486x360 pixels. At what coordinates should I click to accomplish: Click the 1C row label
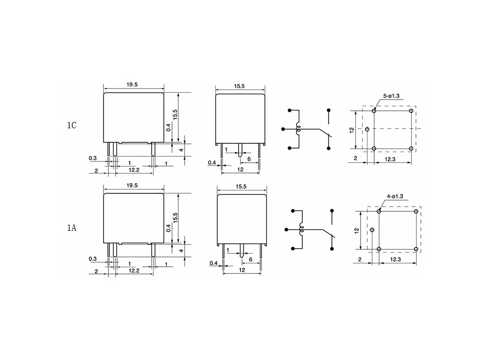[71, 125]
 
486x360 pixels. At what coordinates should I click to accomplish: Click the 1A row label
[71, 228]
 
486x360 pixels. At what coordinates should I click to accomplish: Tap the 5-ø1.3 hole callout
[391, 96]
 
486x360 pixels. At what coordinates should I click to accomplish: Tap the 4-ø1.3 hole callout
[395, 196]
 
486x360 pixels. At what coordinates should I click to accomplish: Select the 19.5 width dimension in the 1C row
[132, 85]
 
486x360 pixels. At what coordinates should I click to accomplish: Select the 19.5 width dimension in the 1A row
[132, 185]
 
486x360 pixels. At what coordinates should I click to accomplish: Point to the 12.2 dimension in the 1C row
[134, 170]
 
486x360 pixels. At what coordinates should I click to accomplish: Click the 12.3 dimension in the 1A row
[395, 259]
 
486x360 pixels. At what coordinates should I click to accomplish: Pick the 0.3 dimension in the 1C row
[93, 158]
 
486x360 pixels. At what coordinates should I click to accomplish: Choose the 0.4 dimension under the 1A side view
[213, 263]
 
